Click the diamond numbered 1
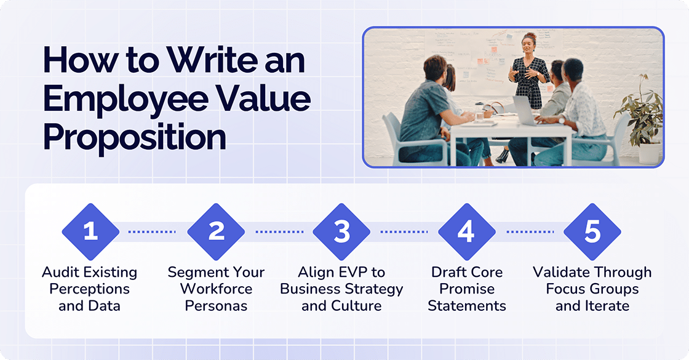click(x=90, y=232)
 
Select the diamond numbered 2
click(x=216, y=232)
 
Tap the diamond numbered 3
click(x=341, y=232)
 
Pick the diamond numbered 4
click(x=466, y=232)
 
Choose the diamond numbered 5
click(x=592, y=232)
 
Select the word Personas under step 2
click(x=216, y=305)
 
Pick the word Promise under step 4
click(x=466, y=289)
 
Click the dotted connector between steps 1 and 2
click(x=152, y=232)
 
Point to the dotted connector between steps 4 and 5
click(x=530, y=232)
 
